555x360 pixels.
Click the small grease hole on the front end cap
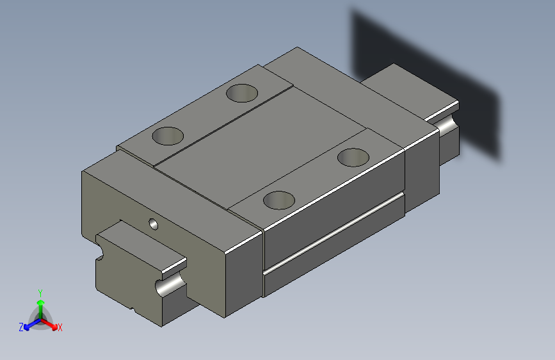click(x=153, y=224)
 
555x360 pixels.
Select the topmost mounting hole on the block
click(x=243, y=93)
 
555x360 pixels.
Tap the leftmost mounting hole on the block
click(x=168, y=135)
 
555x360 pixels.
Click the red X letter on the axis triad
click(x=60, y=328)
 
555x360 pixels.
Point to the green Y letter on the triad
click(x=40, y=291)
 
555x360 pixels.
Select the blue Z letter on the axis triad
click(x=21, y=327)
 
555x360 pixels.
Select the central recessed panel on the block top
click(x=256, y=151)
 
